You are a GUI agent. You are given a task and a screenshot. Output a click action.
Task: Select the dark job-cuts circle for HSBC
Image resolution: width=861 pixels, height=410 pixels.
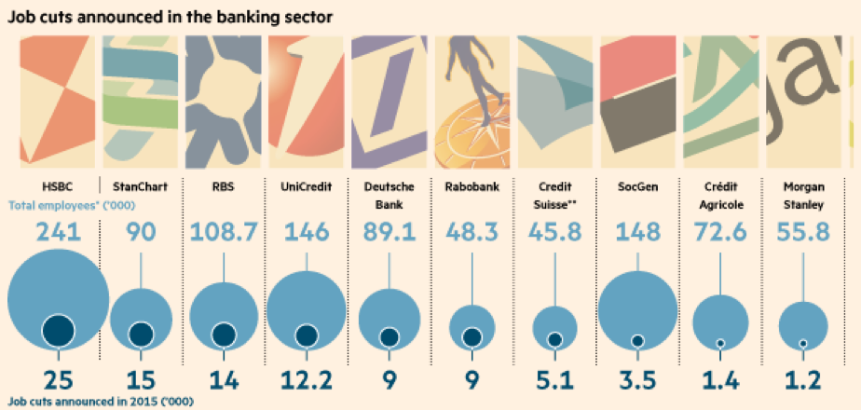coord(58,330)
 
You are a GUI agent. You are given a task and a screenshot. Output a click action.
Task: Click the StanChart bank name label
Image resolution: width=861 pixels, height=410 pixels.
coord(141,185)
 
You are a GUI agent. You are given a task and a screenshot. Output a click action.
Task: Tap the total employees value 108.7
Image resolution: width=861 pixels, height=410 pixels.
coord(224,231)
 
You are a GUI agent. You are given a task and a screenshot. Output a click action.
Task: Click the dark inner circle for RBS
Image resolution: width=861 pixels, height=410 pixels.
coord(224,335)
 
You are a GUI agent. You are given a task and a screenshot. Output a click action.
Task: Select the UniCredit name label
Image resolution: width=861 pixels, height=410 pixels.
coord(307,185)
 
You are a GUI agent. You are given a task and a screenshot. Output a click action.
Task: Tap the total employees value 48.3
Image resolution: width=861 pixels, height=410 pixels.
coord(472,231)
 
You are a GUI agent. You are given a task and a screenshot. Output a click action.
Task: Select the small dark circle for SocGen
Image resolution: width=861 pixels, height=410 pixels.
coord(637,341)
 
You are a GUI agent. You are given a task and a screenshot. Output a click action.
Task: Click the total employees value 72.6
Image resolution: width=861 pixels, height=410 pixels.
coord(720,231)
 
